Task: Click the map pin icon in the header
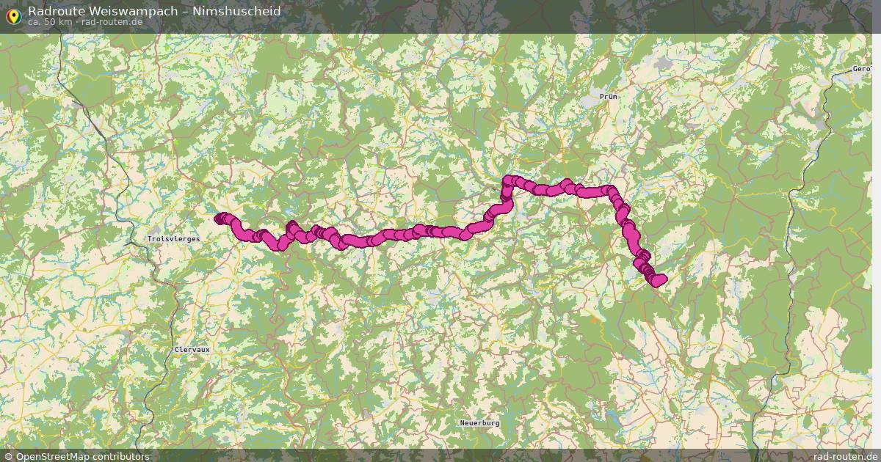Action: tap(12, 15)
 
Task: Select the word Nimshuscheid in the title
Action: tap(238, 11)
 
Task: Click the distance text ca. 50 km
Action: tap(50, 22)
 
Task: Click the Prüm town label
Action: tap(608, 96)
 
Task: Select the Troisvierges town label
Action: tap(169, 239)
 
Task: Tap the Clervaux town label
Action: tap(192, 350)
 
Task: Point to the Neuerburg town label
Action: tap(479, 423)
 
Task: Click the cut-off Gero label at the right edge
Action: tap(860, 69)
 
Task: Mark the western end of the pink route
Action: tap(219, 218)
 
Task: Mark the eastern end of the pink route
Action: tap(661, 279)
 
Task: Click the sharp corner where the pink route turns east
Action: tap(507, 181)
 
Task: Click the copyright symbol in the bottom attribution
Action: tap(8, 456)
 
